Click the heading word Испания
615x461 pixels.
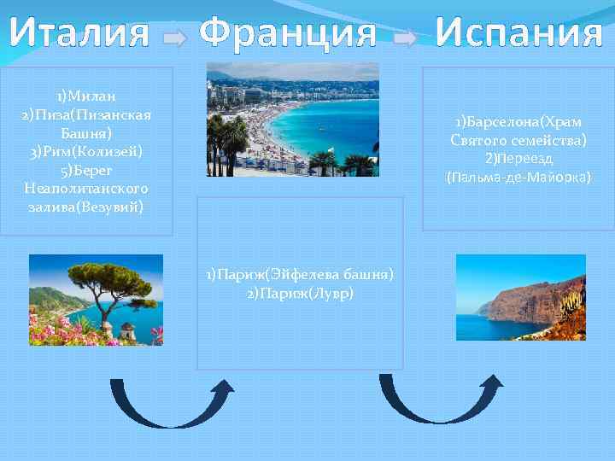518,34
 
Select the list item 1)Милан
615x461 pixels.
86,96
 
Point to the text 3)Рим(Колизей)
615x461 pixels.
86,152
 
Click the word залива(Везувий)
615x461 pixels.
86,207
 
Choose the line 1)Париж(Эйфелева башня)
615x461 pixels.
300,275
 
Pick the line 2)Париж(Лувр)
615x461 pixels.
300,293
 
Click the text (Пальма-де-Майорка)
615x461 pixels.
518,178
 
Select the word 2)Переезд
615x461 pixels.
518,159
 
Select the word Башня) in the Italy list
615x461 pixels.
86,133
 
